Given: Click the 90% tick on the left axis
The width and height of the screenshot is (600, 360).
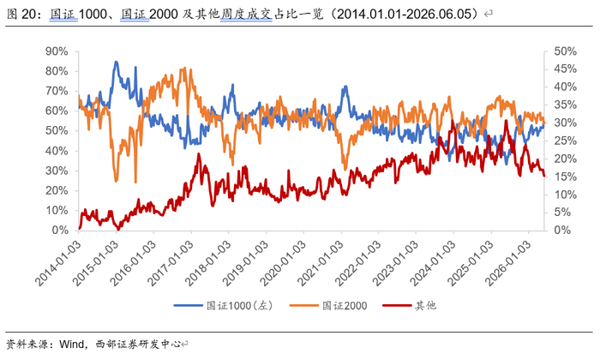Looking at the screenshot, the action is (57, 51).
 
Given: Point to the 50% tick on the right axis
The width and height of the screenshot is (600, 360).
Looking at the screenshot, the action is (565, 51).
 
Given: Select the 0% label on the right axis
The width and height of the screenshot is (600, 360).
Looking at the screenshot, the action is (562, 230).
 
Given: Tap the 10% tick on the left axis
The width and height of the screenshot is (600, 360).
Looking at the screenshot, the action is (57, 210).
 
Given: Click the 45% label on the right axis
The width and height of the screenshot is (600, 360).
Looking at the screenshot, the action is (565, 69).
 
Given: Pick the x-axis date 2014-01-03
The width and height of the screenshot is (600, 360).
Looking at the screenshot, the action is (58, 263).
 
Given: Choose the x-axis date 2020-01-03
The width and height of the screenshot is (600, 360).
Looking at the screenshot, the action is (283, 263).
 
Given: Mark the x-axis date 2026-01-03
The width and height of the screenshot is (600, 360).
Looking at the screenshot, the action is (508, 263).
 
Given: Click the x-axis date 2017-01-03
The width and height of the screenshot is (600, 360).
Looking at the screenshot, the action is (171, 263).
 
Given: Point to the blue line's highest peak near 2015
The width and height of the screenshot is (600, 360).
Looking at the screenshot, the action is (116, 62).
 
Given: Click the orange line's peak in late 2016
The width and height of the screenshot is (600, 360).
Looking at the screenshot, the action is (185, 69).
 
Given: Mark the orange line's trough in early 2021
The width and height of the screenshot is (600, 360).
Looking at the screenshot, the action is (345, 169).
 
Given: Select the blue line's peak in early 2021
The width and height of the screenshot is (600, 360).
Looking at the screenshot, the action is (345, 87).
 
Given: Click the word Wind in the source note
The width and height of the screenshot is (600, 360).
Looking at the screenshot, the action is (71, 344).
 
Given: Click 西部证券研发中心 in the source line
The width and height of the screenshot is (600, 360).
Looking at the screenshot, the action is (138, 344).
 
